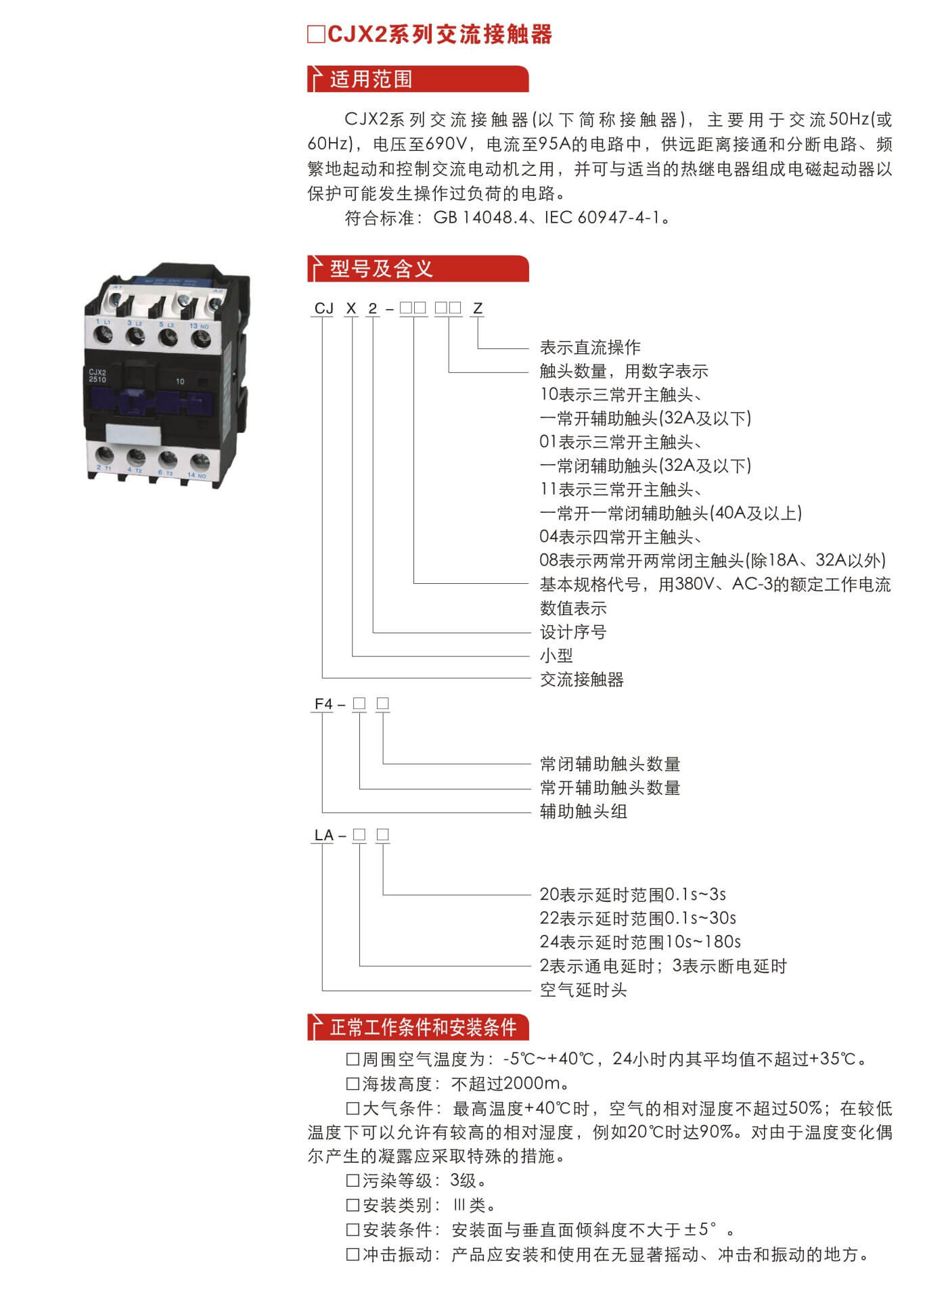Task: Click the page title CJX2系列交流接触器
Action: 439,34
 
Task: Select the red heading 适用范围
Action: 371,79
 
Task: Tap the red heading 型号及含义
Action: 381,269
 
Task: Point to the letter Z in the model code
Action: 478,309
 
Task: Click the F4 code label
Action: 323,704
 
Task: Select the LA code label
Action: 323,836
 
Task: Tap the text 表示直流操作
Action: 589,348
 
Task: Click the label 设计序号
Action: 572,632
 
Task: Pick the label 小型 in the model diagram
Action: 556,656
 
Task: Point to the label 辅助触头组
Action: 583,811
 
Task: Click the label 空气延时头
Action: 583,990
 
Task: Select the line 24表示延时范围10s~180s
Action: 639,942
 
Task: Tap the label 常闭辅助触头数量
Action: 610,764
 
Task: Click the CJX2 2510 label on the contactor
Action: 97,375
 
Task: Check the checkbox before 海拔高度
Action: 353,1084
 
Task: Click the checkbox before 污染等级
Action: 353,1181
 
